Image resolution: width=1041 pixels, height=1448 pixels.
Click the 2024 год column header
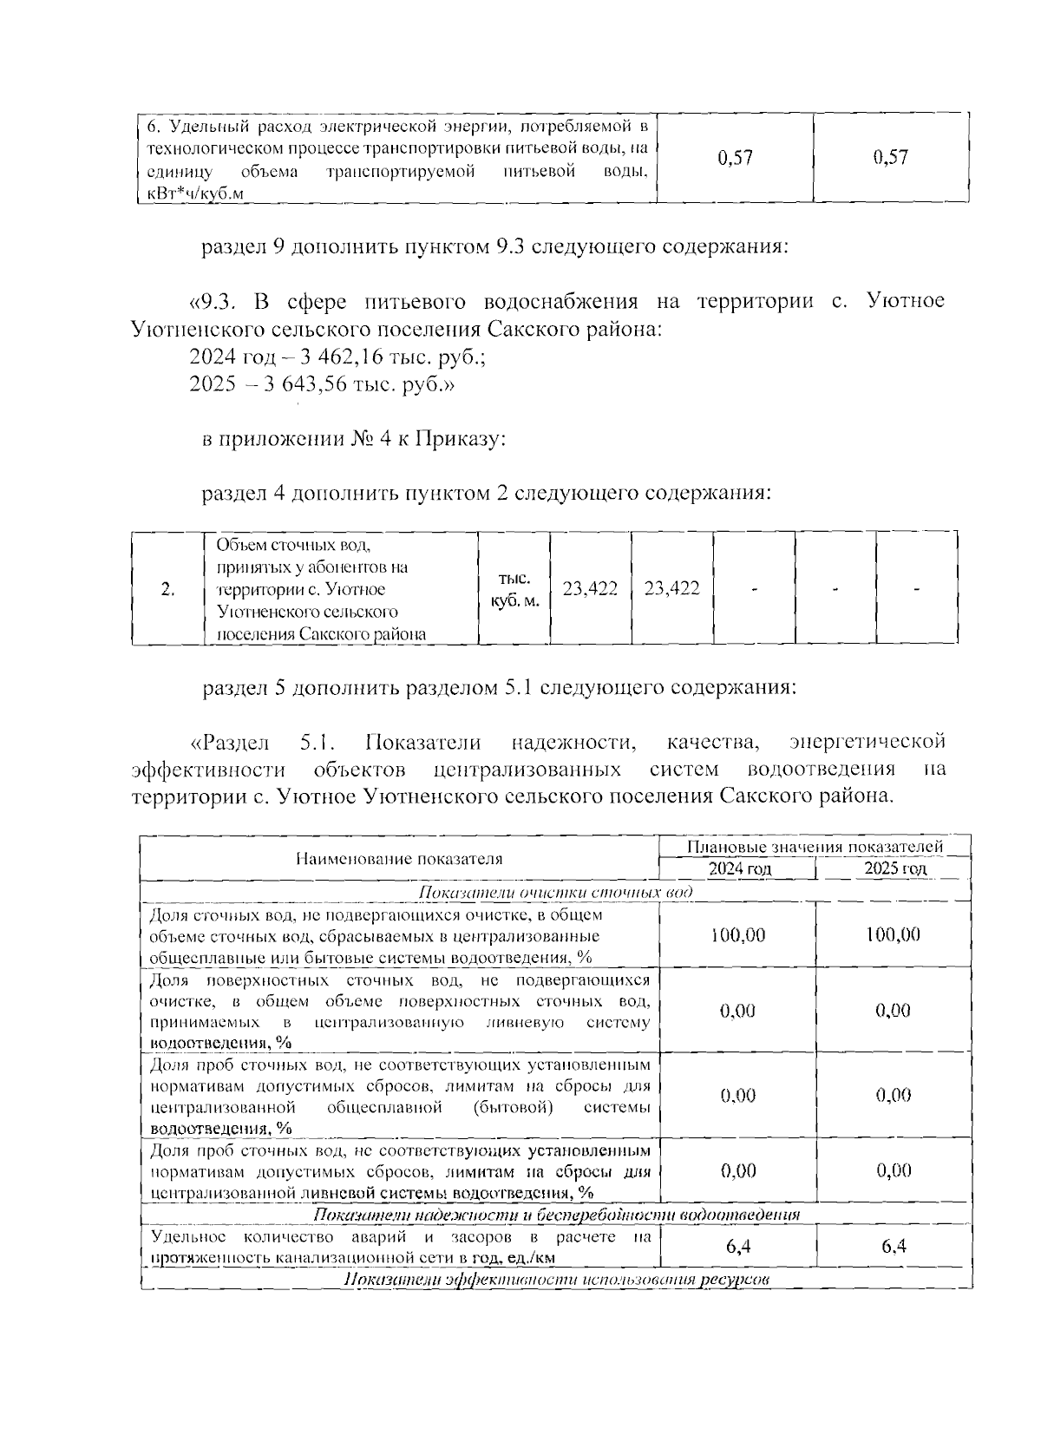pos(739,868)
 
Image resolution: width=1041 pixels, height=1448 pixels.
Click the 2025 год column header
pos(894,868)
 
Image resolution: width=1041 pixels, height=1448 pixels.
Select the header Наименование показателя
pos(399,859)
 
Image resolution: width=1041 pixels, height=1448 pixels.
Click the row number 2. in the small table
pos(168,589)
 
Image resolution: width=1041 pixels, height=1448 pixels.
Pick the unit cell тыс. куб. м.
pos(514,589)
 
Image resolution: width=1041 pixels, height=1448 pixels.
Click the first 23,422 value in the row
pos(590,589)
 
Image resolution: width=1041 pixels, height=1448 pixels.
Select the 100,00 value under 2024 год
pos(737,934)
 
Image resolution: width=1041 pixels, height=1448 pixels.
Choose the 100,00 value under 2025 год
pos(894,934)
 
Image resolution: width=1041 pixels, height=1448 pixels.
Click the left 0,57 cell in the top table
pos(736,158)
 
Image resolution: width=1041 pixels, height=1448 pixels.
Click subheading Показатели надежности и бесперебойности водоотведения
pos(555,1214)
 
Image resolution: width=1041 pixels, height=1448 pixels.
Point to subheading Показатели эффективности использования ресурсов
pos(555,1281)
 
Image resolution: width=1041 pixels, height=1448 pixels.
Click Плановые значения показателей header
pos(815,847)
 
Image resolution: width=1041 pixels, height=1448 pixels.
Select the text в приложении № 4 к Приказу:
pos(354,439)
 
